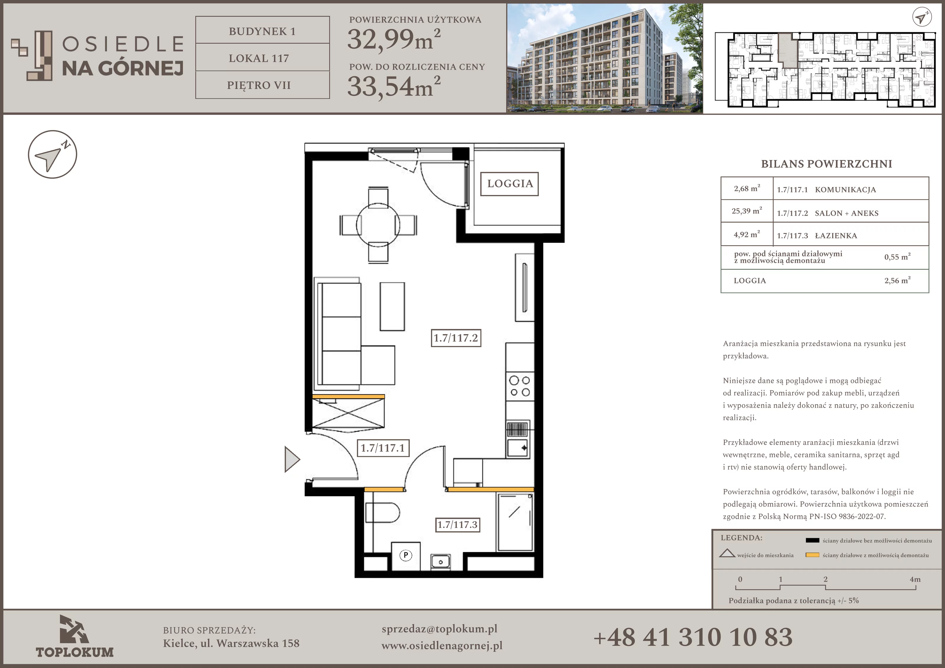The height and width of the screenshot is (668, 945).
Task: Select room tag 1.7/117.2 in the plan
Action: [456, 338]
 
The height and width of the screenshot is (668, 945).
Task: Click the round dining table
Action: [378, 225]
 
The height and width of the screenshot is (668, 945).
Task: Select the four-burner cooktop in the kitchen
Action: [520, 386]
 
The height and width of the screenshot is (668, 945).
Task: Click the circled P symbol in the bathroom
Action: [406, 555]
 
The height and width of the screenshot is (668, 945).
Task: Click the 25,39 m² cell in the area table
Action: [747, 211]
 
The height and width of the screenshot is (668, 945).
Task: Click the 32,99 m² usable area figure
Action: [394, 40]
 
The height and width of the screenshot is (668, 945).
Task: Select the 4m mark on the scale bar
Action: [915, 579]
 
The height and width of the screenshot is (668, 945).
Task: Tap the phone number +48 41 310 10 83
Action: [693, 637]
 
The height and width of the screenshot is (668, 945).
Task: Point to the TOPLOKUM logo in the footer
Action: [74, 636]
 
